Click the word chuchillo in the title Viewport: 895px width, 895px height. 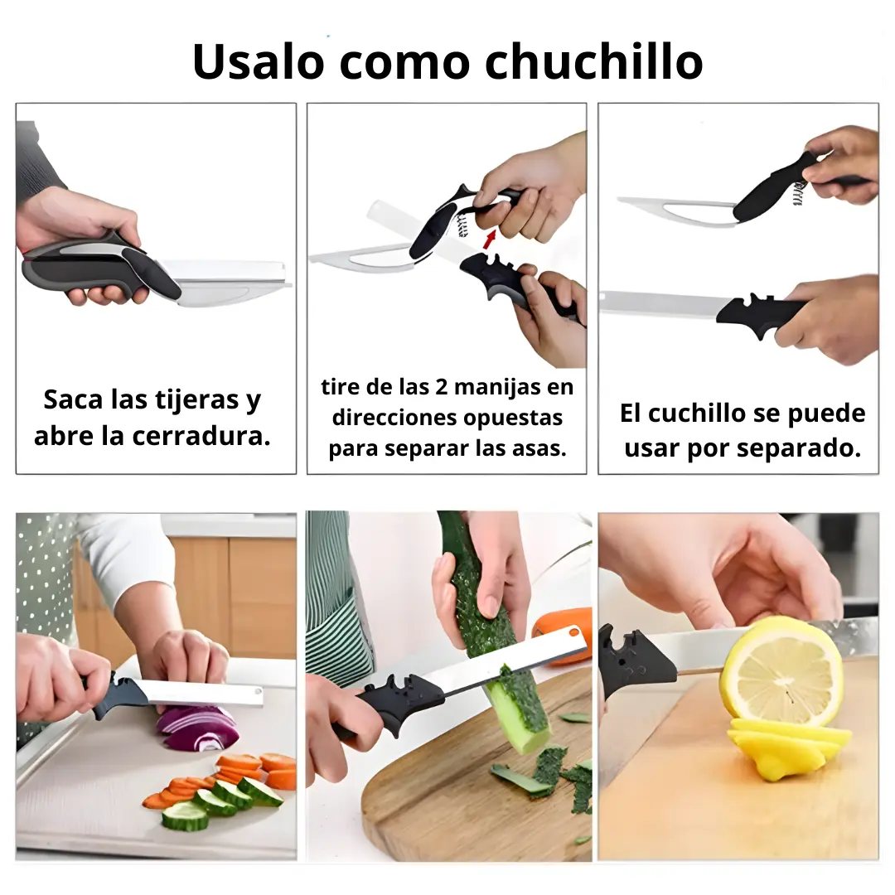(x=593, y=60)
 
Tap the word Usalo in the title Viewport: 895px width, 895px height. (x=259, y=60)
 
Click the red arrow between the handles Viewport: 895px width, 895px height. (x=489, y=239)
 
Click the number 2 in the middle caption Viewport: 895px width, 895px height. (x=442, y=387)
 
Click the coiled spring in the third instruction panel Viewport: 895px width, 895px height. (x=798, y=193)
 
